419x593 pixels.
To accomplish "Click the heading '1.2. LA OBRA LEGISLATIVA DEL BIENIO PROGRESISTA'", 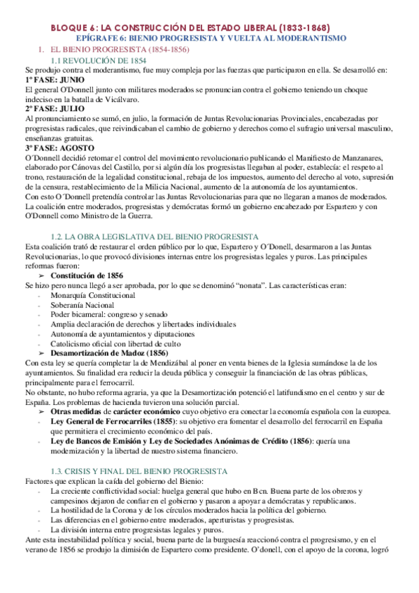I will pos(156,237).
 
